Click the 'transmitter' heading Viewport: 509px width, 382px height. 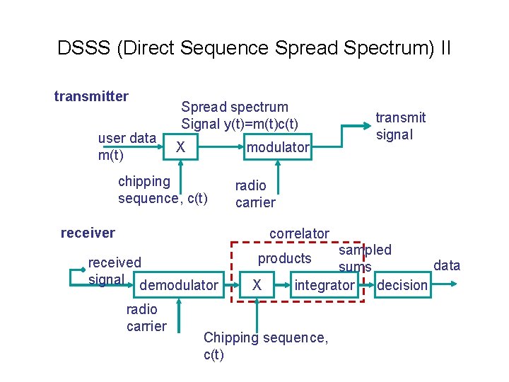click(91, 96)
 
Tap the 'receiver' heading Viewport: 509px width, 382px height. click(88, 233)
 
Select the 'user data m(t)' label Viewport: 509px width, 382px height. click(127, 146)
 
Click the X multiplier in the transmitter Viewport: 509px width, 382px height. click(181, 147)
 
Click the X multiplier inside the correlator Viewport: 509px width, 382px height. click(258, 285)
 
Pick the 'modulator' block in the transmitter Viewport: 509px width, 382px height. click(278, 147)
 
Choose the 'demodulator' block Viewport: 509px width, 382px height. click(180, 285)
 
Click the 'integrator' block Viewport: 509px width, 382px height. click(324, 285)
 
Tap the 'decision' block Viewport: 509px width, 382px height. click(402, 285)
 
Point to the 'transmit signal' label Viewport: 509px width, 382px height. click(400, 126)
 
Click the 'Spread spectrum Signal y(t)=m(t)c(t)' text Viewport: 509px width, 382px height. click(239, 115)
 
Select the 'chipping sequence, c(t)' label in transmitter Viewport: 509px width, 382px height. click(163, 190)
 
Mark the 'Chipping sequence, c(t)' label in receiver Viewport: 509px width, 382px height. click(265, 346)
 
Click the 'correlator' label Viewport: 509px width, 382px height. click(299, 233)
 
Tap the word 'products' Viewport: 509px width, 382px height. click(284, 258)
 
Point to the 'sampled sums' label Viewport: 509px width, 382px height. click(363, 258)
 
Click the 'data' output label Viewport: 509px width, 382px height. click(446, 265)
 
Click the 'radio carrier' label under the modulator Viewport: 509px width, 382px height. click(255, 194)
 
